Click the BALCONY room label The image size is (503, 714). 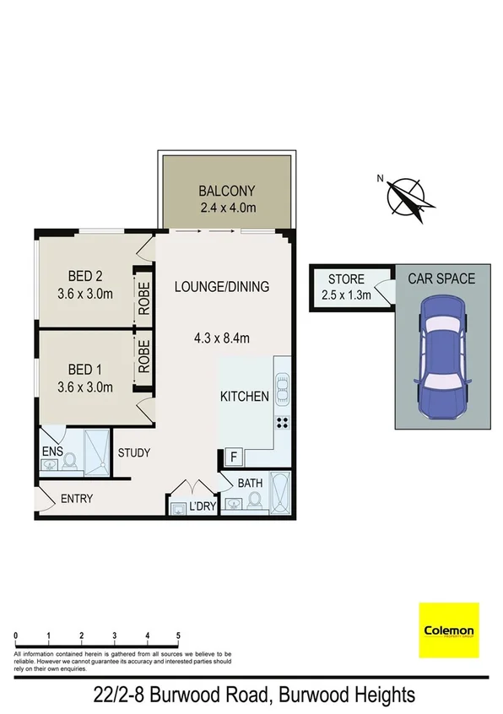[226, 191]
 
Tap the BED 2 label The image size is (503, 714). [85, 276]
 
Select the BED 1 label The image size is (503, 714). [85, 370]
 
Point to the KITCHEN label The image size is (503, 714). [245, 396]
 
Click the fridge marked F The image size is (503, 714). [232, 457]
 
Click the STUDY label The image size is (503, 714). [133, 452]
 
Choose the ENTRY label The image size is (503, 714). [77, 499]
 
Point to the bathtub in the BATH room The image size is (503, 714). [280, 494]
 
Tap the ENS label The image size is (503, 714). [52, 452]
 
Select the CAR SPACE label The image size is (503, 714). [441, 279]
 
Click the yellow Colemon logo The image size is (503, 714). [448, 630]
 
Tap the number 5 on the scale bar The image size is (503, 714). [179, 634]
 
